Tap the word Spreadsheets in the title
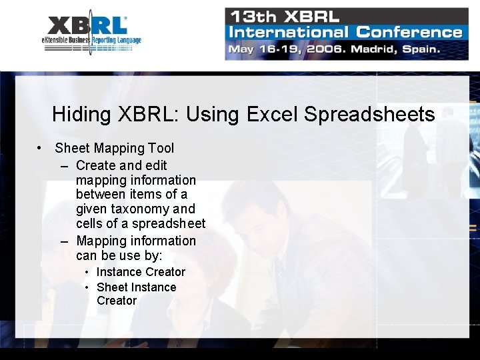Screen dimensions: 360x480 369,115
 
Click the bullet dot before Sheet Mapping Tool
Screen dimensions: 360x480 41,148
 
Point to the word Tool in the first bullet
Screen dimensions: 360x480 161,148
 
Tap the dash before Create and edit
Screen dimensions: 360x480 64,165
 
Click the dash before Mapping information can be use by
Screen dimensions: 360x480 64,241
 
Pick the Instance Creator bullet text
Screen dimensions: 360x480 141,272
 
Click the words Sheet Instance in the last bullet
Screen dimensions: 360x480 136,287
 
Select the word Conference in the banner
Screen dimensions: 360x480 409,31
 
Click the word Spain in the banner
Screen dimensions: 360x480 417,49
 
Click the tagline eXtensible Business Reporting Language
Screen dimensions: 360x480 91,40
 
